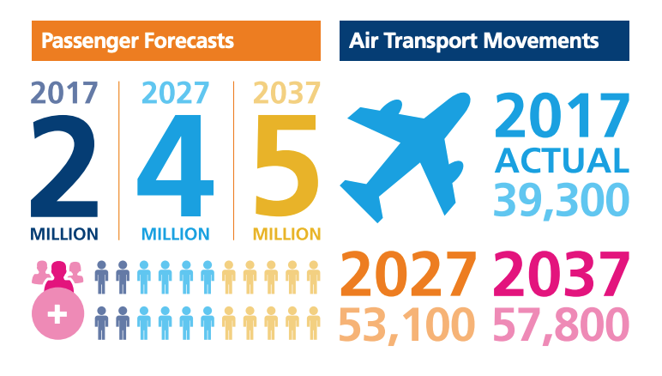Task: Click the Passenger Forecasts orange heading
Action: click(138, 40)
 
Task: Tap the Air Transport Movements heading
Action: click(474, 40)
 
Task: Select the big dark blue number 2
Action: click(63, 167)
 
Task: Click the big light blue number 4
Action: click(175, 167)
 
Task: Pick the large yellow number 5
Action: click(287, 167)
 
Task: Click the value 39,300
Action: click(562, 198)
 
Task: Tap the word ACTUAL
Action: click(562, 161)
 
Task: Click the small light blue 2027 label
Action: click(175, 93)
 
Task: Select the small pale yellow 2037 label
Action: click(286, 93)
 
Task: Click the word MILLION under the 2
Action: click(64, 233)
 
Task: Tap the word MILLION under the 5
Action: click(287, 233)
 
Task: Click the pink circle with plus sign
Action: click(59, 314)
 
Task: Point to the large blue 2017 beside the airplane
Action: click(562, 118)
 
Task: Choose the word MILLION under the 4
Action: click(175, 233)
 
